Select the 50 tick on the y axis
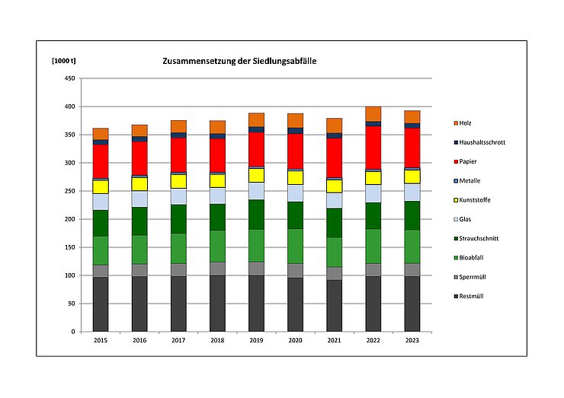click(70, 304)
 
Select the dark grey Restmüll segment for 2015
click(100, 304)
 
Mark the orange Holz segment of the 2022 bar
click(373, 113)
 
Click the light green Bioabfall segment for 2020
click(295, 246)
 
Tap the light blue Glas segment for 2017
click(178, 196)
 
